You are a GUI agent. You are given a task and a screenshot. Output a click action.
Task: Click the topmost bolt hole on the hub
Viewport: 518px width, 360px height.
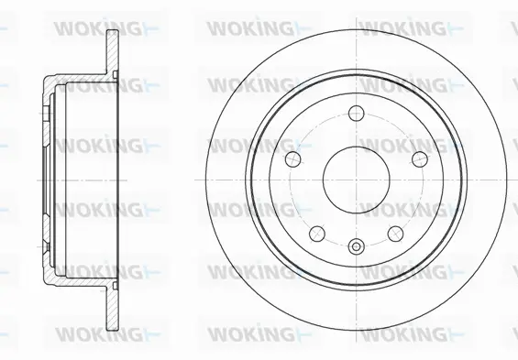(x=357, y=117)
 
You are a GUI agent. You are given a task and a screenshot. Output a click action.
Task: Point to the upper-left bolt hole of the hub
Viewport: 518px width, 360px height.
(x=294, y=159)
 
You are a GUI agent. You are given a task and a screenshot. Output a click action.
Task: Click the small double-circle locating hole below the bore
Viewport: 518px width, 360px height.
(x=356, y=245)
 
